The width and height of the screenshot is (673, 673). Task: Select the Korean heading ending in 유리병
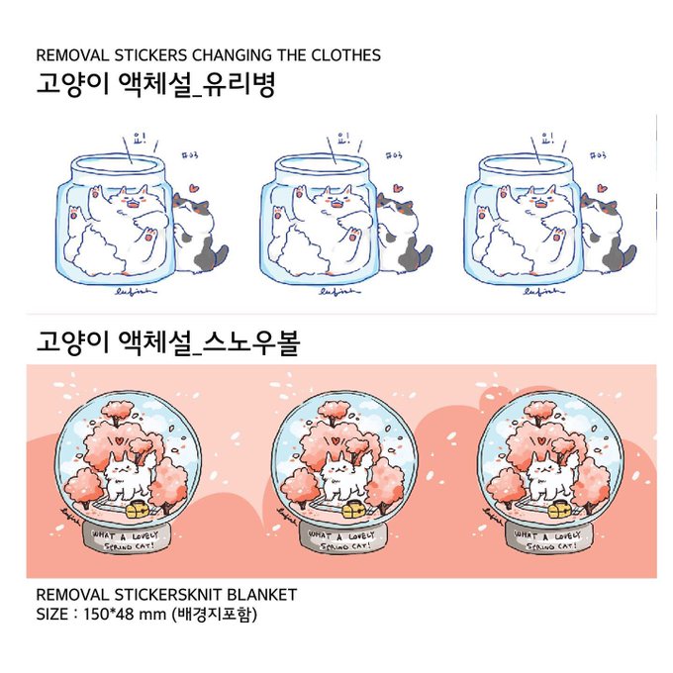tap(153, 85)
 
